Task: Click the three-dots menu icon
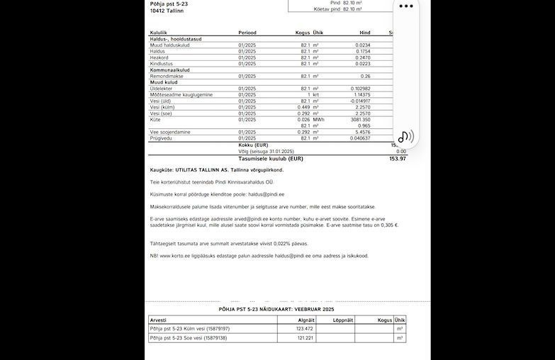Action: (406, 6)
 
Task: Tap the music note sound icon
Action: (405, 137)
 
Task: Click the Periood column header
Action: (247, 33)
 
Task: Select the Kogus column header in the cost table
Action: (303, 33)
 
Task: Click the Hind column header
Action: (364, 33)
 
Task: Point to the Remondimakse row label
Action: (167, 77)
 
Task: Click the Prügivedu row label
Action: (162, 138)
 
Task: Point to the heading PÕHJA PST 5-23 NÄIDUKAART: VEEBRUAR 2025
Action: (276, 310)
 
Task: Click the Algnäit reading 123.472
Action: (305, 329)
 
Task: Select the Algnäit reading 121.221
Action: (305, 338)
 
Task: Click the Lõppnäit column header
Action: (342, 320)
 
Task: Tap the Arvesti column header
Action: (158, 320)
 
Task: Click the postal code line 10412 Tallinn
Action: (167, 11)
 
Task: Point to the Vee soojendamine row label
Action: (170, 132)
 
